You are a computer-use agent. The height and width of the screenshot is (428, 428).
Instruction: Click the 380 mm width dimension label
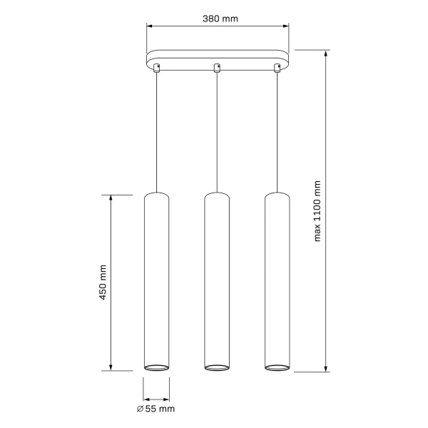tap(218, 19)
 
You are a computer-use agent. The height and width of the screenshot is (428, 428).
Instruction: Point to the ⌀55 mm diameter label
tap(156, 409)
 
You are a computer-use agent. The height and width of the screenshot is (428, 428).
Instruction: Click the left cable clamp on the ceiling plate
tap(157, 68)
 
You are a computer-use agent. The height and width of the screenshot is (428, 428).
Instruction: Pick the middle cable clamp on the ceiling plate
tap(217, 68)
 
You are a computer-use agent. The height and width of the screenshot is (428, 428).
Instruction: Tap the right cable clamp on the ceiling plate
tap(277, 68)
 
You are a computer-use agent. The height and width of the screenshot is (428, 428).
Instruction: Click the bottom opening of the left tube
tap(157, 367)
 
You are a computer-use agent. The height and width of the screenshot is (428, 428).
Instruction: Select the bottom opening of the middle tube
tap(217, 367)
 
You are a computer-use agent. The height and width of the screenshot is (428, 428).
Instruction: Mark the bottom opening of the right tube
tap(277, 367)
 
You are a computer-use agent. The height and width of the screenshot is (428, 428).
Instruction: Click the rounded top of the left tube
tap(157, 195)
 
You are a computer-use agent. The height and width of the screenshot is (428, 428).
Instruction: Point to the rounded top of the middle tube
tap(217, 195)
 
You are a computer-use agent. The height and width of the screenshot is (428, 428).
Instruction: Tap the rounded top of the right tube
tap(277, 195)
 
